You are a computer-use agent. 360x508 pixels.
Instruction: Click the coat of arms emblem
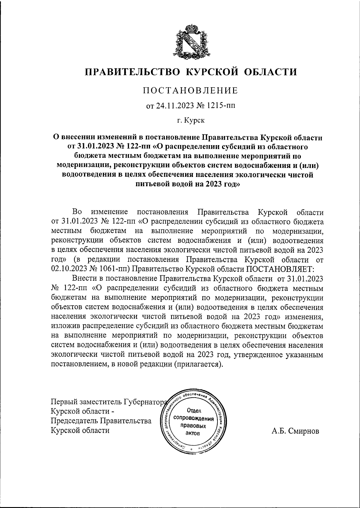pyautogui.click(x=190, y=41)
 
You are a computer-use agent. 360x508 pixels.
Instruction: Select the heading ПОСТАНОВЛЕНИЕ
pyautogui.click(x=190, y=91)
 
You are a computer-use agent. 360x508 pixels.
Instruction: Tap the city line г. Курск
pyautogui.click(x=190, y=121)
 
